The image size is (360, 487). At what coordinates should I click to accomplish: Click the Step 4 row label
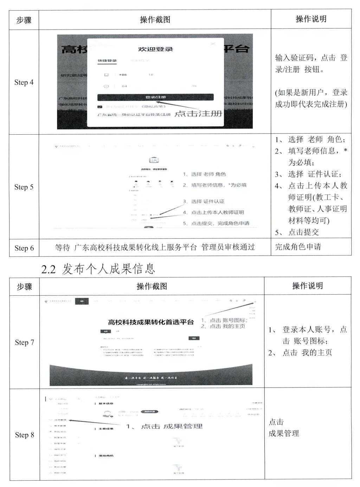pyautogui.click(x=24, y=82)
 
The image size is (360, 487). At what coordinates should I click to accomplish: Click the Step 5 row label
pyautogui.click(x=24, y=187)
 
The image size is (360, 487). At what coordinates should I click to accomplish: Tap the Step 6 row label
pyautogui.click(x=24, y=248)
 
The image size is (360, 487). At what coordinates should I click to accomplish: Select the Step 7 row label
pyautogui.click(x=25, y=342)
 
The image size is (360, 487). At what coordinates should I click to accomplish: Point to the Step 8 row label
pyautogui.click(x=25, y=435)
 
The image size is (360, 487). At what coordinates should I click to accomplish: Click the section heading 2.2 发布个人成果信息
pyautogui.click(x=98, y=269)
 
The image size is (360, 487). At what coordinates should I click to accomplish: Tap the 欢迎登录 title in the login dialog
pyautogui.click(x=155, y=49)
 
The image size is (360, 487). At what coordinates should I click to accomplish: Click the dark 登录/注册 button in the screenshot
pyautogui.click(x=155, y=97)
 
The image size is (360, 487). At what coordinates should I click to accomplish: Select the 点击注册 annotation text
pyautogui.click(x=198, y=113)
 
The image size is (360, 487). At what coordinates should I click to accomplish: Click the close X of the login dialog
pyautogui.click(x=213, y=44)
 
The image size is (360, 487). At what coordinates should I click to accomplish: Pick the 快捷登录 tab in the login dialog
pyautogui.click(x=107, y=61)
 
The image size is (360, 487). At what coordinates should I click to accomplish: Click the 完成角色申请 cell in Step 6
pyautogui.click(x=298, y=247)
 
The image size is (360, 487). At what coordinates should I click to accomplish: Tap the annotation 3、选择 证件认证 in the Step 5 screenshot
pyautogui.click(x=204, y=201)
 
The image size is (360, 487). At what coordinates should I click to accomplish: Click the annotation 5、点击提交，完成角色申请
pyautogui.click(x=216, y=223)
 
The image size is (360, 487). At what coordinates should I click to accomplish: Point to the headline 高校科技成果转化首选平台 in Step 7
pyautogui.click(x=151, y=322)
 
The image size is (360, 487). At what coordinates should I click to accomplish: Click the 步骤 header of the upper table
pyautogui.click(x=24, y=20)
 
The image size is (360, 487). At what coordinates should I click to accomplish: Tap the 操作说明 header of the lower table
pyautogui.click(x=307, y=286)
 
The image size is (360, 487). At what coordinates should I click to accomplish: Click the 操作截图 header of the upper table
pyautogui.click(x=155, y=20)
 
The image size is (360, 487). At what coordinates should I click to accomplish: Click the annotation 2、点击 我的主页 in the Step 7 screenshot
pyautogui.click(x=223, y=326)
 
